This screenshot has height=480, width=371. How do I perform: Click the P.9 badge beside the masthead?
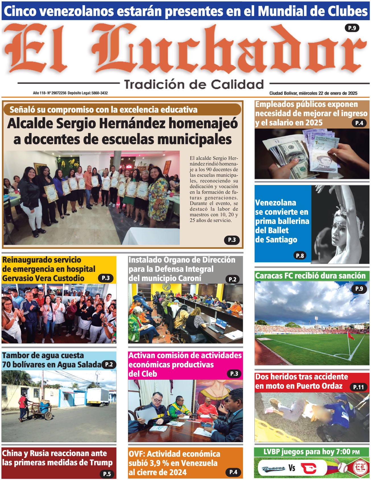pyautogui.click(x=352, y=28)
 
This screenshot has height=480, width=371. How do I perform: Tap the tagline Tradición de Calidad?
pyautogui.click(x=194, y=84)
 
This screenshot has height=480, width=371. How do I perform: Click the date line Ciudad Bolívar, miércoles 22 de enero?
pyautogui.click(x=313, y=93)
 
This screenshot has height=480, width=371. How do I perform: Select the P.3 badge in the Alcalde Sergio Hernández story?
pyautogui.click(x=232, y=240)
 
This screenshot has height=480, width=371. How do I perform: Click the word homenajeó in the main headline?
pyautogui.click(x=203, y=124)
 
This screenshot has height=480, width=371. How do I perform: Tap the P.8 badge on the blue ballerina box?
pyautogui.click(x=300, y=255)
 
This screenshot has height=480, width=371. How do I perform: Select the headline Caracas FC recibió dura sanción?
pyautogui.click(x=310, y=276)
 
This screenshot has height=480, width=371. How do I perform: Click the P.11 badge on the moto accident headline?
pyautogui.click(x=358, y=387)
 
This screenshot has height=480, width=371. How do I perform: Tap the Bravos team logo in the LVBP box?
pyautogui.click(x=273, y=468)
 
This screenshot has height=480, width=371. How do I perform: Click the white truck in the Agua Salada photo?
pyautogui.click(x=98, y=396)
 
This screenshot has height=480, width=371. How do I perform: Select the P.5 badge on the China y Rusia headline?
pyautogui.click(x=107, y=474)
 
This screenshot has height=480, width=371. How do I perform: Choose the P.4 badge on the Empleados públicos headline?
pyautogui.click(x=359, y=123)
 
